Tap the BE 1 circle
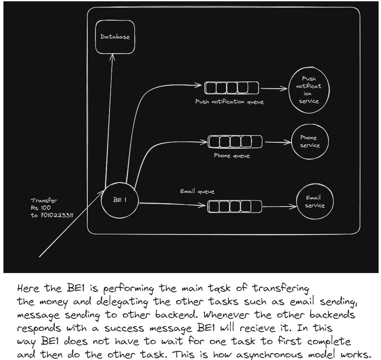pyautogui.click(x=120, y=200)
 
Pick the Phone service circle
pyautogui.click(x=310, y=142)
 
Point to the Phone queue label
pyautogui.click(x=232, y=156)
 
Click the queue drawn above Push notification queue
pyautogui.click(x=232, y=88)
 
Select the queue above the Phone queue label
pyautogui.click(x=235, y=141)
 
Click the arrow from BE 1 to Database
pyautogui.click(x=110, y=120)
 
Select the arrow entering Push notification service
pyautogui.click(x=274, y=90)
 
